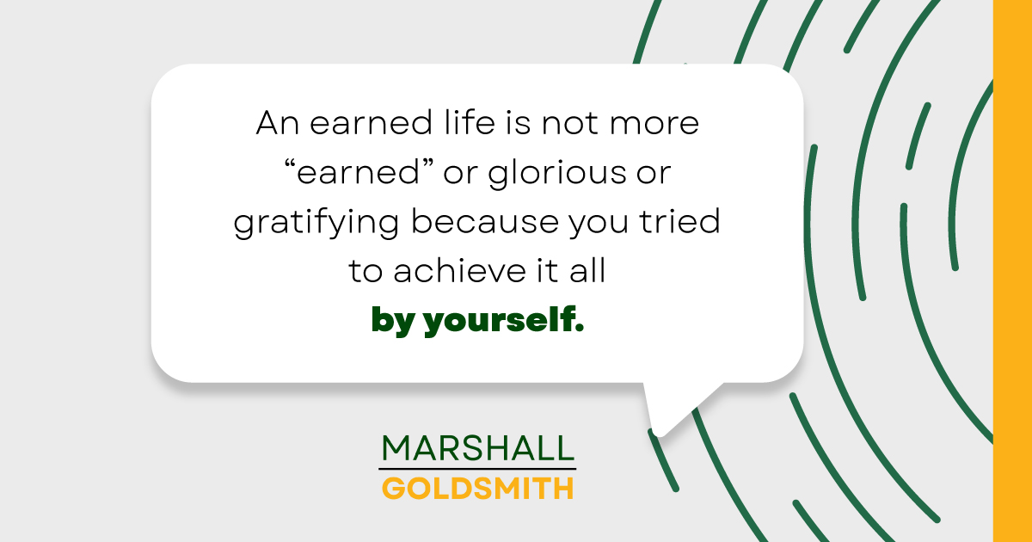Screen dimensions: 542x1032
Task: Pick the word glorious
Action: point(542,174)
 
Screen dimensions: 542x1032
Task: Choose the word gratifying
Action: point(316,224)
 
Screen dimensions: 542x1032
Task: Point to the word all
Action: point(588,272)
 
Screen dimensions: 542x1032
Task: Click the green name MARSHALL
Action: point(477,448)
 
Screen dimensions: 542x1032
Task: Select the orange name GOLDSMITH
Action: point(477,489)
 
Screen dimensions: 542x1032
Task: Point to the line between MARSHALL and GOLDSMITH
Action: point(477,469)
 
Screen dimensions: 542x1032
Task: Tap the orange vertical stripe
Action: point(1012,271)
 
